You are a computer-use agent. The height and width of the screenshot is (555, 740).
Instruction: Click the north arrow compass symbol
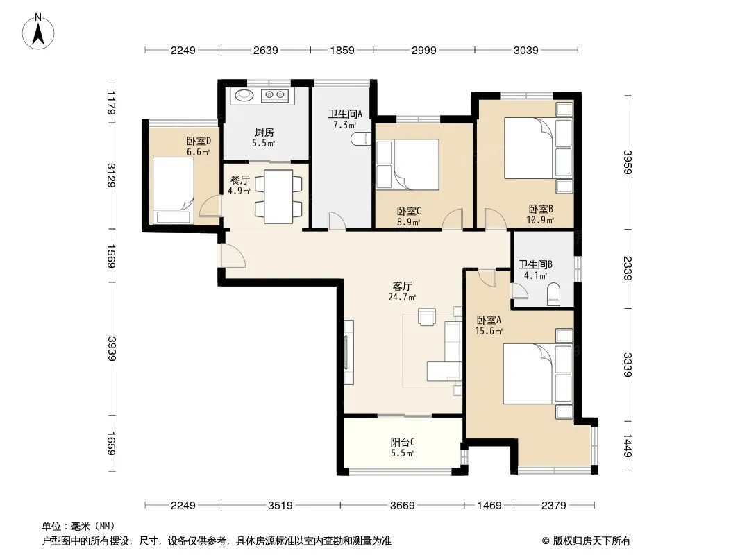38,31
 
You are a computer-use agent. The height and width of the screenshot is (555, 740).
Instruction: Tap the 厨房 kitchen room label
264,133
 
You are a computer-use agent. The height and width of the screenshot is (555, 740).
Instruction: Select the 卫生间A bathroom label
345,114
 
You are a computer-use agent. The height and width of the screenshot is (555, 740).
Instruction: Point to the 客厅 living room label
403,287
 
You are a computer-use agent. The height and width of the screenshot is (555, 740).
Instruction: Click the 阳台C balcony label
403,443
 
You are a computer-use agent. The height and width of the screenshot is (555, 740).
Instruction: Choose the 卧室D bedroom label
199,141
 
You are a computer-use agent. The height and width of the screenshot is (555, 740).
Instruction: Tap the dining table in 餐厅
278,196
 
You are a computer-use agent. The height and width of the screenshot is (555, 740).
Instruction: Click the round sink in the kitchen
244,95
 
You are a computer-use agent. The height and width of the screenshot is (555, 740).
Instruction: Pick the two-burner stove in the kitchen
275,95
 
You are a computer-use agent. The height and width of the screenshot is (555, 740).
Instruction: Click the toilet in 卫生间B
553,294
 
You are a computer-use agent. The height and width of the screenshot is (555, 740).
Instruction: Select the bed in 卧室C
407,164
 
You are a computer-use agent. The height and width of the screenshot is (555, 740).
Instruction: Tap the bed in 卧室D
173,191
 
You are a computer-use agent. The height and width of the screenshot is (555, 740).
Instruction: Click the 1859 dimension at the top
342,50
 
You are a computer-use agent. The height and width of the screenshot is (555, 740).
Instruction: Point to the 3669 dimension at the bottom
402,506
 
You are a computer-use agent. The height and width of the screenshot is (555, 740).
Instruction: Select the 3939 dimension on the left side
111,348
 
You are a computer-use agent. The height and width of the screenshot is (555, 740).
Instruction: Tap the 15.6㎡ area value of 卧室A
489,331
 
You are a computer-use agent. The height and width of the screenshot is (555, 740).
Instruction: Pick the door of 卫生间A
337,221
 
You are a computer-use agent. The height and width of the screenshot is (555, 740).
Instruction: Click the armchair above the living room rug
427,316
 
